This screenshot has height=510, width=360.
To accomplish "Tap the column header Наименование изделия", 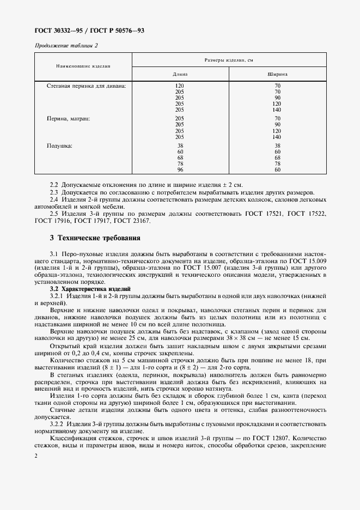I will (83, 66).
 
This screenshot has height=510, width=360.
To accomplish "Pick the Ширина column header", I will (277, 73).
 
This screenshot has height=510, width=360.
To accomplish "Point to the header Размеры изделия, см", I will (229, 59).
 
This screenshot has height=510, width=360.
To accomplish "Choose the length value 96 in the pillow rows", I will (180, 169).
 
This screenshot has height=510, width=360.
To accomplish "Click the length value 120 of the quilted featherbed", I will (180, 86).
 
